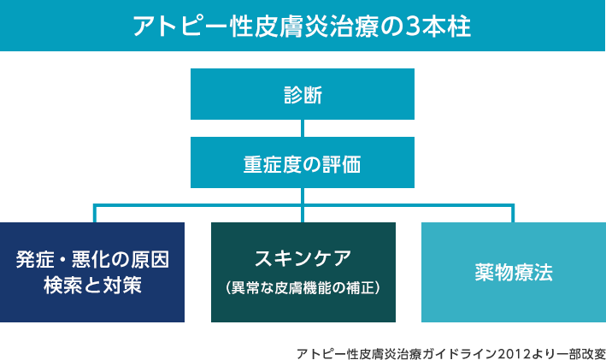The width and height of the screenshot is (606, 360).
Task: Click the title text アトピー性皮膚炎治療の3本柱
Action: pos(302,27)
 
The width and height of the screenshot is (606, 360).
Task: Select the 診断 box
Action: pos(303,94)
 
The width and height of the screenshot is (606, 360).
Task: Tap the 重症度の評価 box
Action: pos(303,162)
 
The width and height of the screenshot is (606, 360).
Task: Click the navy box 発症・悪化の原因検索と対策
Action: pos(92,272)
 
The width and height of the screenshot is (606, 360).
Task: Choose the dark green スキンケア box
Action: pos(303,272)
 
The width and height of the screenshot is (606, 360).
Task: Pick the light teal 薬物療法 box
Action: pos(514,272)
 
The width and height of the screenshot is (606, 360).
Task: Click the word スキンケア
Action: pos(303,259)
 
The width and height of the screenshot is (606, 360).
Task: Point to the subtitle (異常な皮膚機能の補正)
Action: pos(303,288)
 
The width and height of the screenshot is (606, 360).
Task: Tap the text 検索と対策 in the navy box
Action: pos(93,286)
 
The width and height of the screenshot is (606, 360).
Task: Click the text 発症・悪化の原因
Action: pos(93,259)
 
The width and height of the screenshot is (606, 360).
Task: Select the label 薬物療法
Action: pos(514,272)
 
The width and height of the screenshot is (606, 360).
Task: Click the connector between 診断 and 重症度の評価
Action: pos(303,128)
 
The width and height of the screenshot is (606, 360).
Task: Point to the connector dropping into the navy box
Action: pos(94,214)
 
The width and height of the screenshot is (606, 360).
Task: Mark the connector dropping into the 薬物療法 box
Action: pos(513,214)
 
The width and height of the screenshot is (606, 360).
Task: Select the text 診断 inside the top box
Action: pos(303,95)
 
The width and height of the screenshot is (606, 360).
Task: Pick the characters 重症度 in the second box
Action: pos(273,164)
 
